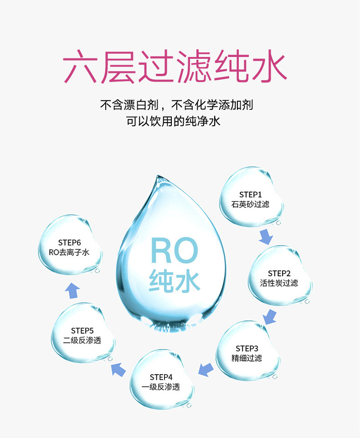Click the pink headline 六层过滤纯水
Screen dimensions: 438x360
click(175, 67)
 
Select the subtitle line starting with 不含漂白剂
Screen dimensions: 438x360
click(176, 105)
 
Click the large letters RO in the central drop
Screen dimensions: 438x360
click(175, 251)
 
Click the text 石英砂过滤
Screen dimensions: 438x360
click(250, 204)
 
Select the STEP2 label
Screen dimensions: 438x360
click(279, 273)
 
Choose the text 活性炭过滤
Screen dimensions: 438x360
click(279, 283)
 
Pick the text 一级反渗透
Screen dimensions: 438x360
click(161, 387)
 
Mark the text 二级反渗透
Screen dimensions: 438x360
click(82, 340)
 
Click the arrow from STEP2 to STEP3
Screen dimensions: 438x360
click(270, 316)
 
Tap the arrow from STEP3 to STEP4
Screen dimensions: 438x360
click(206, 369)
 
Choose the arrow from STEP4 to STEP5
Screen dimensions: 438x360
click(118, 369)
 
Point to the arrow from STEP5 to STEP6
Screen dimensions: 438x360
click(72, 290)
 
